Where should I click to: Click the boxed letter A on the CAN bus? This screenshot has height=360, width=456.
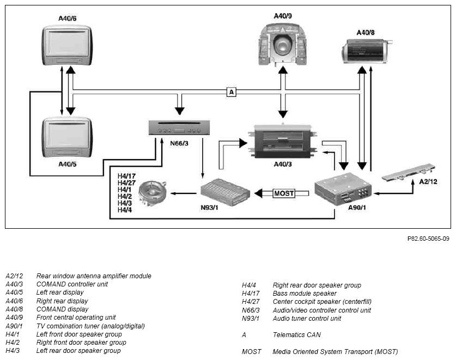pos(232,92)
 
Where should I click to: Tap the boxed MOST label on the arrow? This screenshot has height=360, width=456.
pos(284,193)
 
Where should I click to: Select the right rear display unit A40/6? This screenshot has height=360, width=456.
pos(67,45)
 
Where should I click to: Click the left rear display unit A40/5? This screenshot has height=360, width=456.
pos(67,137)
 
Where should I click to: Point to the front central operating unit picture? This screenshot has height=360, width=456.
pos(283,45)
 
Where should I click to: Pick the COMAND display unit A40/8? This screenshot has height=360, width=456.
pos(366,51)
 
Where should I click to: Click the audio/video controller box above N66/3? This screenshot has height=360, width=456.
pos(179,127)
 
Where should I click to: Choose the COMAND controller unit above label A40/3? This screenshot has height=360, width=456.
pos(283,141)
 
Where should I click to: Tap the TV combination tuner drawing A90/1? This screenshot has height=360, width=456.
pos(343,189)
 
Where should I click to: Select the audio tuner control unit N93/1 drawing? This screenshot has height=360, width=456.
pos(225,192)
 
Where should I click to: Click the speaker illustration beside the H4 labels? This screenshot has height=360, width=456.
pos(153,193)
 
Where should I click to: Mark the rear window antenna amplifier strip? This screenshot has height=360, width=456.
pos(409,173)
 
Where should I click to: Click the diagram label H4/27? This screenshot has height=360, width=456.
pos(126,182)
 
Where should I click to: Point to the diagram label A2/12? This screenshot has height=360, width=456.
pos(428,182)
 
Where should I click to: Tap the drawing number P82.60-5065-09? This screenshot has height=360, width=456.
pos(428,239)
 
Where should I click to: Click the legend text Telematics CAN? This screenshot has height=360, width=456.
pos(296,335)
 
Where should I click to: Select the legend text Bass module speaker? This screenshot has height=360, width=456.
pos(305,294)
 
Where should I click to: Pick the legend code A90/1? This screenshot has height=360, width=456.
pos(14,326)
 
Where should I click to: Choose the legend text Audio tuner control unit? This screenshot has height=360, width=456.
pos(307,319)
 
